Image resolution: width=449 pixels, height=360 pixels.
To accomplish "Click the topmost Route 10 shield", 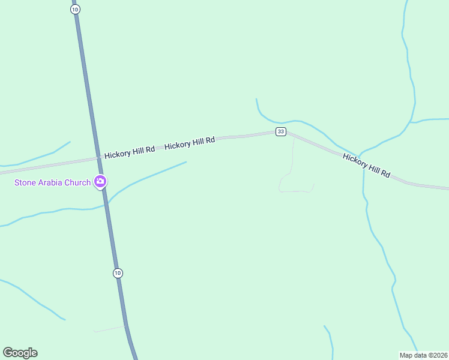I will pyautogui.click(x=74, y=10).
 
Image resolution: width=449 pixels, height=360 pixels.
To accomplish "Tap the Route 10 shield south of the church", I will pyautogui.click(x=118, y=273).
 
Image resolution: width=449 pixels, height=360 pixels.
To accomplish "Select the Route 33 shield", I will pyautogui.click(x=281, y=131).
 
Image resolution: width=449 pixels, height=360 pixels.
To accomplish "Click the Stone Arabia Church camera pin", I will pyautogui.click(x=100, y=181).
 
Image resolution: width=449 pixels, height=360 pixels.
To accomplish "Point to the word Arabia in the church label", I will pyautogui.click(x=53, y=182).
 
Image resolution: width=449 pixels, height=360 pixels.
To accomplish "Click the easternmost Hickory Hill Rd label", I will pyautogui.click(x=366, y=165).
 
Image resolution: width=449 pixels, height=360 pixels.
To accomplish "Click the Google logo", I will pyautogui.click(x=20, y=353).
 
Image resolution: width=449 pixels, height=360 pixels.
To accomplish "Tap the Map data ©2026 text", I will pyautogui.click(x=423, y=355).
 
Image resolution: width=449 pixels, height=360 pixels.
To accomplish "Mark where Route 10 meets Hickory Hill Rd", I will pyautogui.click(x=98, y=158).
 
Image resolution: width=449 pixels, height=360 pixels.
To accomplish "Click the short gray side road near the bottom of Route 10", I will pyautogui.click(x=110, y=329).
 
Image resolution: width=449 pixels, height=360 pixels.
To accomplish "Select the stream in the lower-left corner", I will pyautogui.click(x=33, y=300).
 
